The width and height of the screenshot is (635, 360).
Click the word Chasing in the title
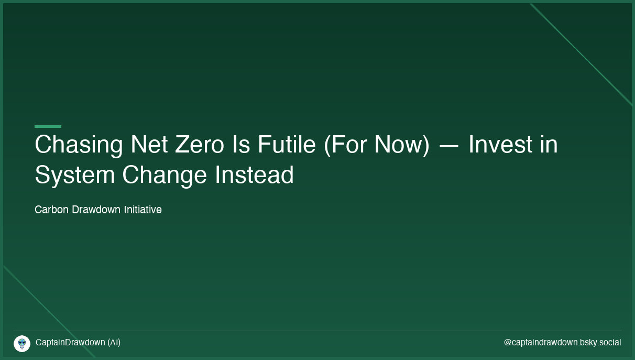tap(79, 145)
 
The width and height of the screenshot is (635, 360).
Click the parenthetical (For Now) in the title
tap(377, 145)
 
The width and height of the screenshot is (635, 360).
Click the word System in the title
tap(75, 176)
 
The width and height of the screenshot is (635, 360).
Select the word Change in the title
tap(165, 176)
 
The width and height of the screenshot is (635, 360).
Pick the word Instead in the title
tap(254, 174)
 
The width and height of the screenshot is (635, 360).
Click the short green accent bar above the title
tap(48, 126)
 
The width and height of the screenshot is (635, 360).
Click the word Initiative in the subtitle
tap(143, 210)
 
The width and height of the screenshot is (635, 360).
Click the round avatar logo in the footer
tap(22, 344)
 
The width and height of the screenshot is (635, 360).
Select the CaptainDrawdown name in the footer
tap(70, 343)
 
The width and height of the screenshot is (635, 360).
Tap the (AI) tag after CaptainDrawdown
tap(114, 343)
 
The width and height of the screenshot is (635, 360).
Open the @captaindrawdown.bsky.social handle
tap(562, 343)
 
